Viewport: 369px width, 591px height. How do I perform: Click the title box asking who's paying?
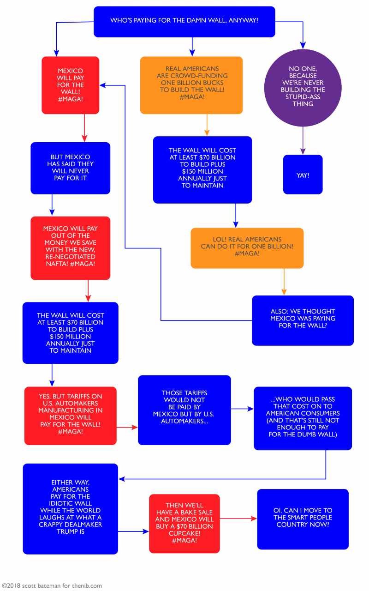pos(184,21)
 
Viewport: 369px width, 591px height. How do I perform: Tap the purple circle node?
pos(303,88)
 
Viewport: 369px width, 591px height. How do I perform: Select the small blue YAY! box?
pos(303,175)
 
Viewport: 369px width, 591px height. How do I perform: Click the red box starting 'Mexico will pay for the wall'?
pos(71,85)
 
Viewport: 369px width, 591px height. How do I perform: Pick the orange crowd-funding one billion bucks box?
pos(191,85)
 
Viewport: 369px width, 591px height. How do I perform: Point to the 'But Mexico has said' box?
pos(71,168)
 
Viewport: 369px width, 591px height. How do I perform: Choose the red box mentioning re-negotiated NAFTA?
pos(71,248)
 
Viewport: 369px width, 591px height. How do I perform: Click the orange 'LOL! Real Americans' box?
pos(247,248)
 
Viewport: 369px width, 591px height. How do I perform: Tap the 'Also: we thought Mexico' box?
pos(303,320)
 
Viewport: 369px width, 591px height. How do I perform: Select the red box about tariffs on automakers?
pos(71,416)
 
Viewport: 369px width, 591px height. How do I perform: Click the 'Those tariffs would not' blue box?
pos(184,410)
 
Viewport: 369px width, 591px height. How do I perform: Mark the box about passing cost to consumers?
pos(303,418)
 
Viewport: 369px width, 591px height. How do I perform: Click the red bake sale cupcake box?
pos(184,523)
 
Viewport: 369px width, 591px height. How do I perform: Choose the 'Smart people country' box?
pos(303,519)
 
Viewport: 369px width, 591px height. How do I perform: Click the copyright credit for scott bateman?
pos(51,585)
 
